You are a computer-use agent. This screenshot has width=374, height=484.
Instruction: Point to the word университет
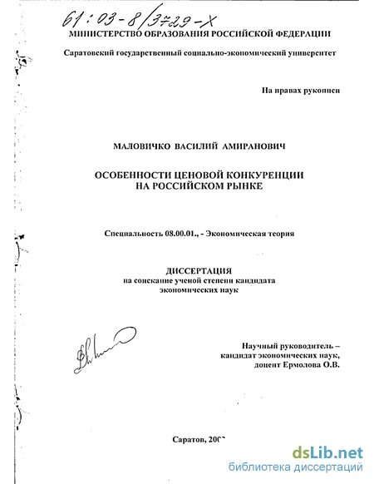(304, 52)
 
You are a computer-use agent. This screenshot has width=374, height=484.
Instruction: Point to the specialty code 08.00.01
(182, 234)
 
